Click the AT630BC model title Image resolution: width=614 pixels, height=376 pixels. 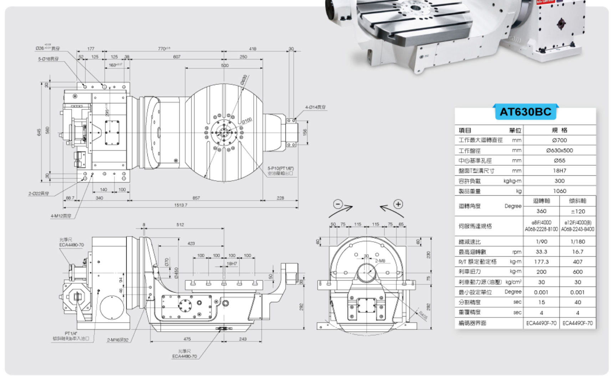tap(525, 112)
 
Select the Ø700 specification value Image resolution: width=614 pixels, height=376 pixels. tap(559, 140)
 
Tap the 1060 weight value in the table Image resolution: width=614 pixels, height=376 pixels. tap(559, 191)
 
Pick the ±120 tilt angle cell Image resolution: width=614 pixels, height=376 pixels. tap(578, 211)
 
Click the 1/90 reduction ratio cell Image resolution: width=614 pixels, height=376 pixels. tap(541, 242)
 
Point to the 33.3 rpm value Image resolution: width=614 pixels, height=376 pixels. tap(541, 252)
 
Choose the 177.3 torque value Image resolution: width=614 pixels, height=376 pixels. tap(541, 262)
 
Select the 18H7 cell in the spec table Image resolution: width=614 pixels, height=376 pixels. tap(559, 171)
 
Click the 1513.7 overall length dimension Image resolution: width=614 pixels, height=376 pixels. tap(181, 205)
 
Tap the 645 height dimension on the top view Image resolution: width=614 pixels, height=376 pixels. tap(39, 132)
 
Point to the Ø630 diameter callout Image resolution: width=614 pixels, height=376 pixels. tap(244, 79)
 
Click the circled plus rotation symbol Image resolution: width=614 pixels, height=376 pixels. tap(398, 204)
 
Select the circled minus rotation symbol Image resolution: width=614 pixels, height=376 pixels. tap(338, 204)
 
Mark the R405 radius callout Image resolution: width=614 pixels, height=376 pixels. tap(423, 315)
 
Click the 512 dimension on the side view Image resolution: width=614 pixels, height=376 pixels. tap(180, 225)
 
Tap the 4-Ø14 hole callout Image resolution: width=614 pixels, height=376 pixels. tap(315, 107)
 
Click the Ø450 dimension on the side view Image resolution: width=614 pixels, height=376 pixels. tap(176, 273)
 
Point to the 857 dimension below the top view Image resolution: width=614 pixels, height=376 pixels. tap(196, 198)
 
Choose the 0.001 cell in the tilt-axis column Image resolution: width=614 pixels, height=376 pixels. tap(578, 292)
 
